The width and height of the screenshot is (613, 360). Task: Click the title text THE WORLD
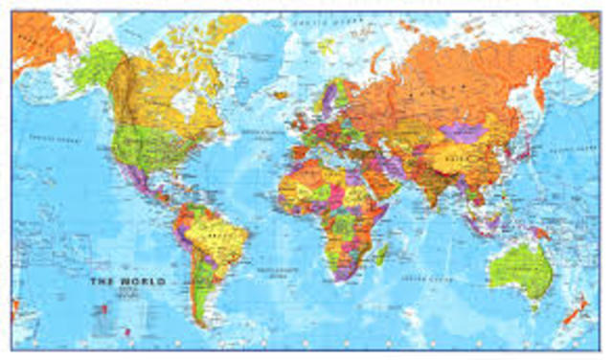click(126, 281)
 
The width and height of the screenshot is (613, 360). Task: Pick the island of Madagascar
click(381, 255)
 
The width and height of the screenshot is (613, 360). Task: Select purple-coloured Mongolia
click(461, 132)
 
